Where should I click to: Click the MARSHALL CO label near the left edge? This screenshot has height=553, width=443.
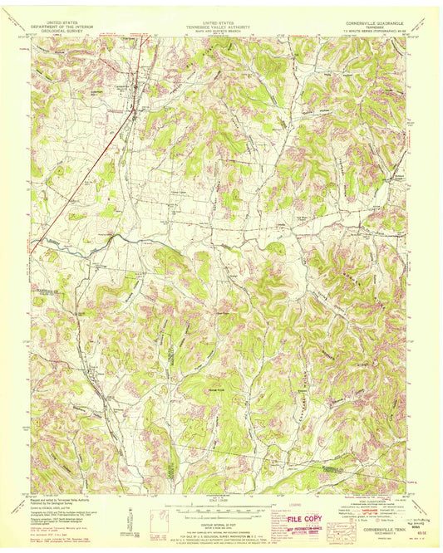tap(42, 291)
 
